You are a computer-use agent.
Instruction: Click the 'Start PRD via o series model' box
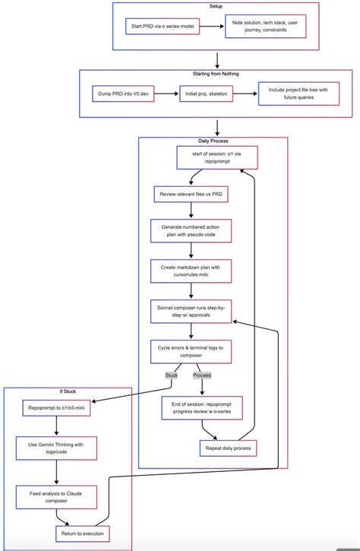(163, 26)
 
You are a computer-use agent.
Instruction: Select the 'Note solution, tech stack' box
(265, 26)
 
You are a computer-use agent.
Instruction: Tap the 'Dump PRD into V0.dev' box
(121, 95)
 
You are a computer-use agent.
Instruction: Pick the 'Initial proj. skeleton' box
(207, 95)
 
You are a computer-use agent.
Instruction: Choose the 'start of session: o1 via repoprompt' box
(216, 158)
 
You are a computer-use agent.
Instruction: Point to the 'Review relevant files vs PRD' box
(190, 195)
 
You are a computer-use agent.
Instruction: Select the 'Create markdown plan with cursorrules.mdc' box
(191, 271)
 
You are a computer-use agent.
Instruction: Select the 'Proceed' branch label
(202, 375)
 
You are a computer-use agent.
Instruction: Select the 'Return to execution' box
(82, 534)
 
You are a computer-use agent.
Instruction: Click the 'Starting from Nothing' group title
(217, 74)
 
